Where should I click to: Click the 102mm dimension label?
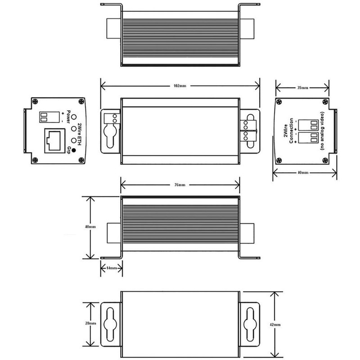pos(180,86)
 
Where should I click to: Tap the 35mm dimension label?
pos(302,88)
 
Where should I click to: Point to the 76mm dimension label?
pos(180,185)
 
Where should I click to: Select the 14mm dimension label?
pos(111,268)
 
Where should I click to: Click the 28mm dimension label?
pos(91,323)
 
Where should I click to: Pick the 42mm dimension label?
pos(275,324)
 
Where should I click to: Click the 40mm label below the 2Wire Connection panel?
pos(303,172)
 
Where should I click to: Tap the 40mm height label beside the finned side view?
pos(90,227)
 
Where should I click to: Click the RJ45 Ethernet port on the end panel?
pos(54,141)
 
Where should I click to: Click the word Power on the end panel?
pos(68,117)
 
